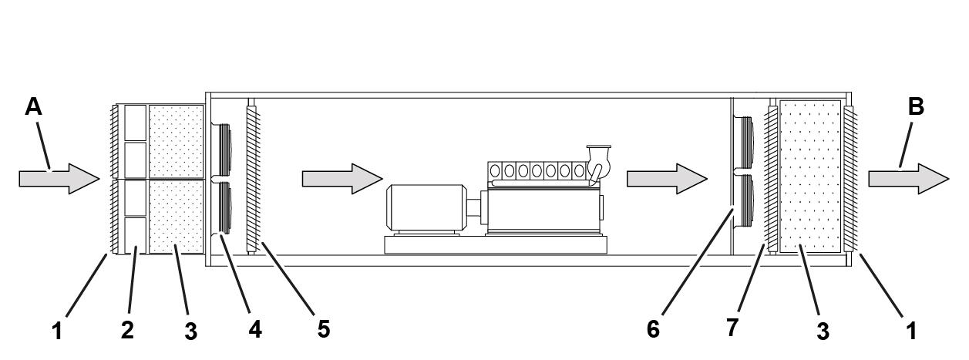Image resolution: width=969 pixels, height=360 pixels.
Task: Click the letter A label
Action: (x=33, y=106)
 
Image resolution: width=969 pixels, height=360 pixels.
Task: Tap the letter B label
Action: (x=916, y=106)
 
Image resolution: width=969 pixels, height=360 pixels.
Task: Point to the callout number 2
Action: (x=127, y=330)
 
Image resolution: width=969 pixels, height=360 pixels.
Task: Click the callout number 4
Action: (x=254, y=329)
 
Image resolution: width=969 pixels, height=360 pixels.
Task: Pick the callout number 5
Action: (x=324, y=329)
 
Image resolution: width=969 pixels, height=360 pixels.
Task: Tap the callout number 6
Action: (x=653, y=329)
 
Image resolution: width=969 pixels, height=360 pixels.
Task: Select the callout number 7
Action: (x=732, y=327)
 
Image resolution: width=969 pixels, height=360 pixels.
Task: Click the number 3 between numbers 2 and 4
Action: (x=190, y=331)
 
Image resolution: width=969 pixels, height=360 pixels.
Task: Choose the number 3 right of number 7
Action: (x=823, y=331)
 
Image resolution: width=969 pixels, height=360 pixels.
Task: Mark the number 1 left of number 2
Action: (x=56, y=331)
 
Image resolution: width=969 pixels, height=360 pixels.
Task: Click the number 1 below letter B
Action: (x=911, y=331)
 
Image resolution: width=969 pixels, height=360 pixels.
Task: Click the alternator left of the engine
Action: (x=426, y=207)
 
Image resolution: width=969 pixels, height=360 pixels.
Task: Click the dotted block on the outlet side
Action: (x=810, y=176)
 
